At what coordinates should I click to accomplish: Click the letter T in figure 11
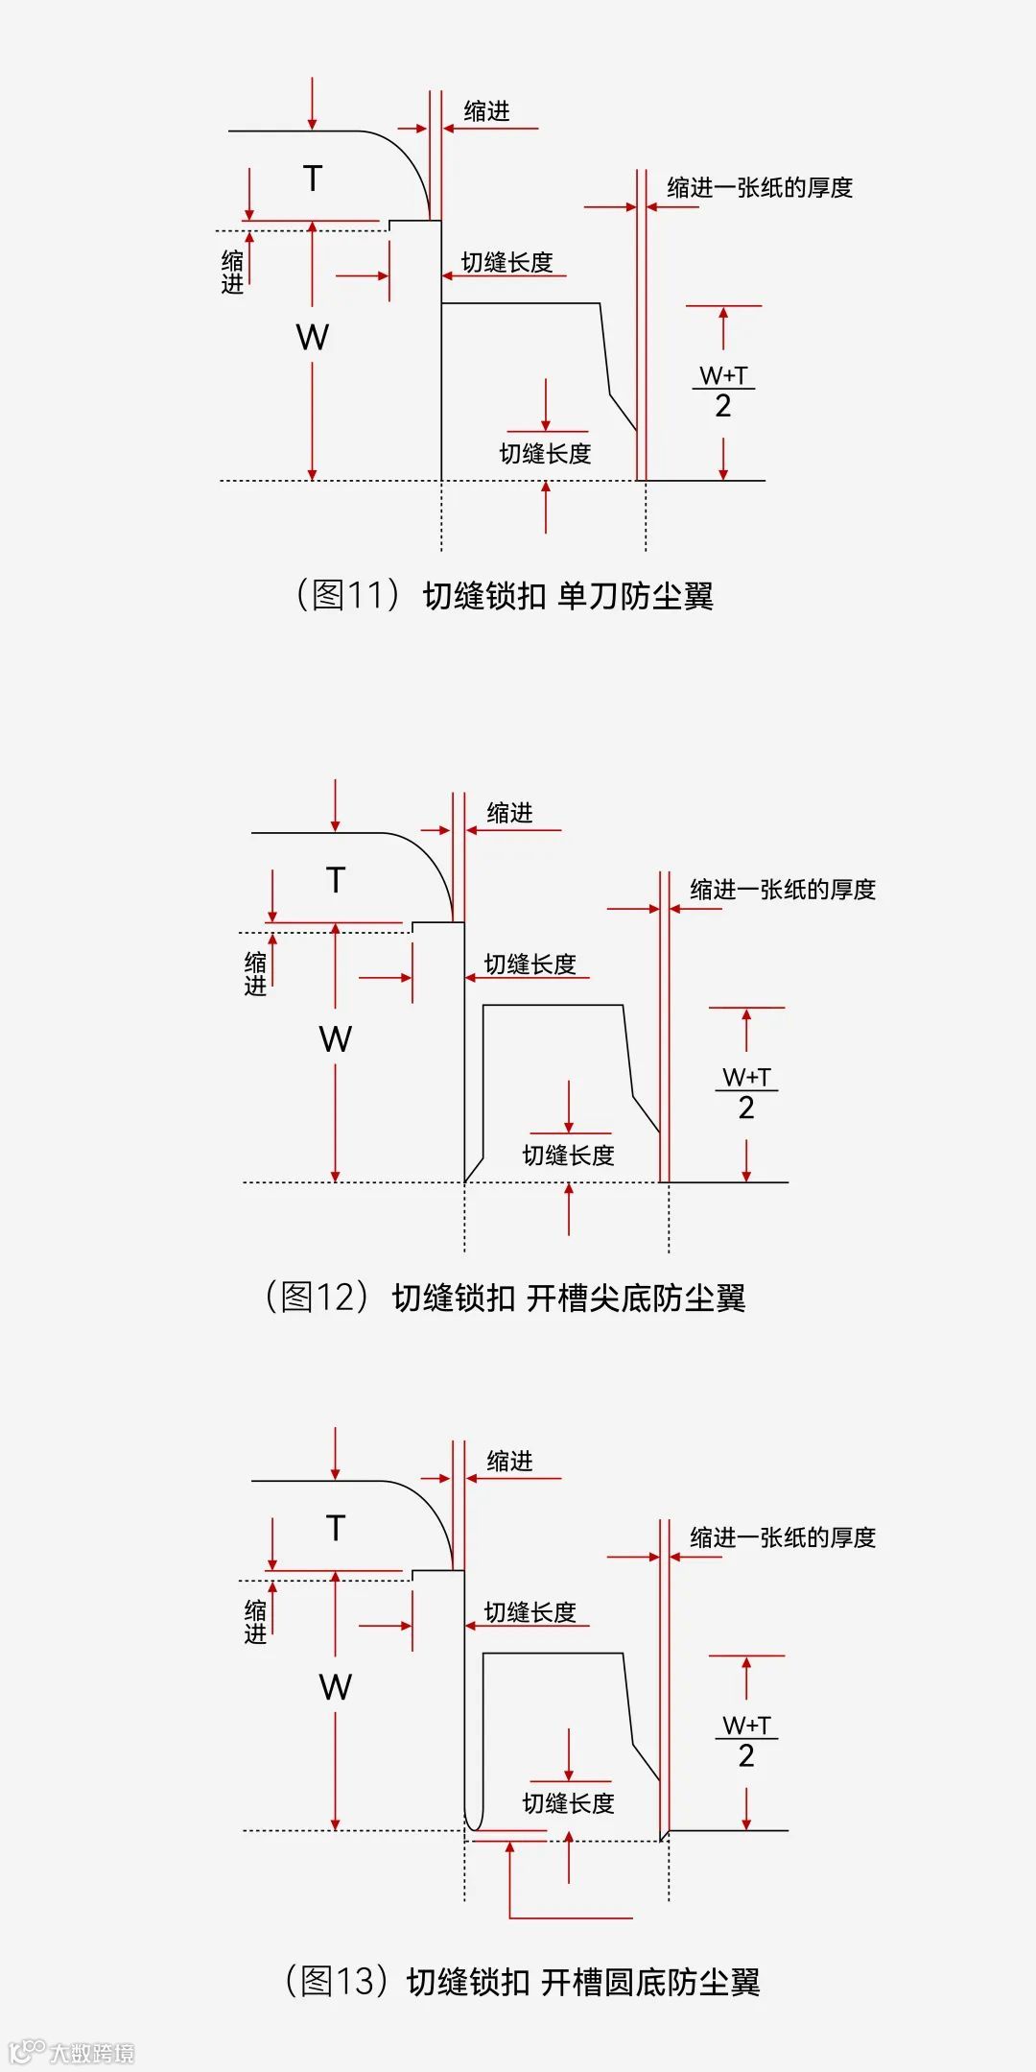point(313,179)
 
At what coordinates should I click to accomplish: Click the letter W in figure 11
point(313,337)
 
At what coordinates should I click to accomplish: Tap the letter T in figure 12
point(336,880)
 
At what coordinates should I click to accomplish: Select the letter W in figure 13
point(336,1686)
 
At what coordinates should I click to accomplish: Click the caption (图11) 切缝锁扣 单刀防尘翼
point(505,595)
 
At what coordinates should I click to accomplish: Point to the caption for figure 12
point(505,1298)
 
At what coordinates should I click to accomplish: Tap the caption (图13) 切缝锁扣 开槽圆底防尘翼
point(522,1981)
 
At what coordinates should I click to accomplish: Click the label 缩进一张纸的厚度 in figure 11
point(760,188)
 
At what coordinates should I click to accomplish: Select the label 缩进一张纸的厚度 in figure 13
point(783,1537)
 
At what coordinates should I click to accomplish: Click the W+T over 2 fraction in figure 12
point(746,1092)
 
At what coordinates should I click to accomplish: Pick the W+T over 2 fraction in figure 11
point(723,391)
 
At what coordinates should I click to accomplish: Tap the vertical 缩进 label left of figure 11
point(233,272)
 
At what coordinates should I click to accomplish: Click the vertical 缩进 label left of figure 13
point(256,1621)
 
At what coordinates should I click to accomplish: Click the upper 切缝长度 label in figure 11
point(507,262)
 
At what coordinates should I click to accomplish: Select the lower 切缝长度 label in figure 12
point(568,1155)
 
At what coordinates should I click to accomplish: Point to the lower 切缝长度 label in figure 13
point(568,1803)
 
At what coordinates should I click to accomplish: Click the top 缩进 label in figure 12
point(509,813)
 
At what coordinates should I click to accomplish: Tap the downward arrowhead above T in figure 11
point(312,124)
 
